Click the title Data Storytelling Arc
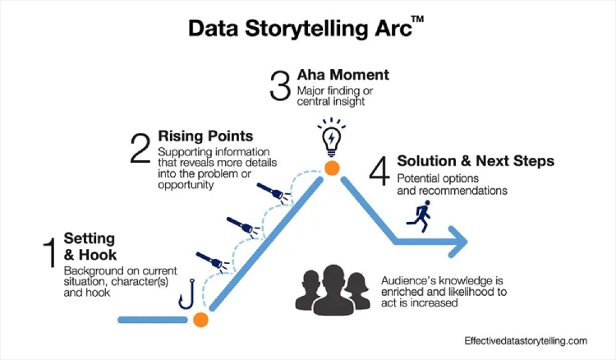(301, 28)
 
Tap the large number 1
(48, 254)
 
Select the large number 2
(139, 150)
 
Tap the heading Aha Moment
(342, 75)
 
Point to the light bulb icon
(332, 140)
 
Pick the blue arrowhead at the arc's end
(456, 242)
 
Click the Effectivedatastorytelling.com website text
(525, 340)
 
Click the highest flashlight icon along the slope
(274, 194)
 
